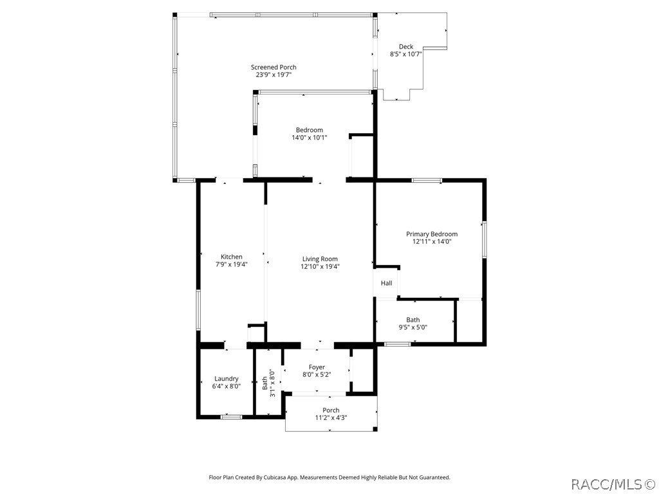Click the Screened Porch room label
274,67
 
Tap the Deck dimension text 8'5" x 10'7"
405,55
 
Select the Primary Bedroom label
431,234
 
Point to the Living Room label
320,259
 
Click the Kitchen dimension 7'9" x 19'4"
231,264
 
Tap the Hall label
386,283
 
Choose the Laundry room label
227,379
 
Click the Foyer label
317,367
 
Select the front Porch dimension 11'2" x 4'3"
331,418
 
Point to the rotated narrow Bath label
265,384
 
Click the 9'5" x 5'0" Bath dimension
413,327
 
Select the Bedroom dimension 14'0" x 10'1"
309,138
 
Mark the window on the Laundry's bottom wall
231,417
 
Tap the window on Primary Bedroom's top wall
427,180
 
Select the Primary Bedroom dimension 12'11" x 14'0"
431,242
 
